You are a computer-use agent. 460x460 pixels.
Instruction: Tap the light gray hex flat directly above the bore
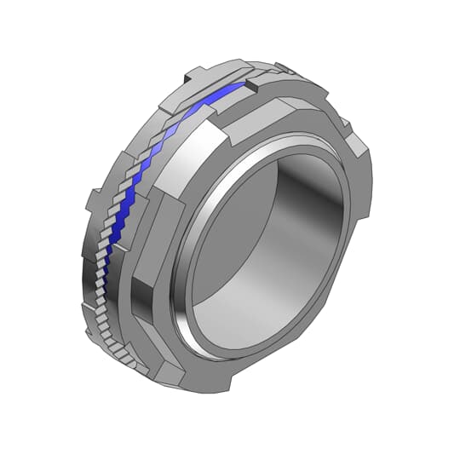coord(281,128)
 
